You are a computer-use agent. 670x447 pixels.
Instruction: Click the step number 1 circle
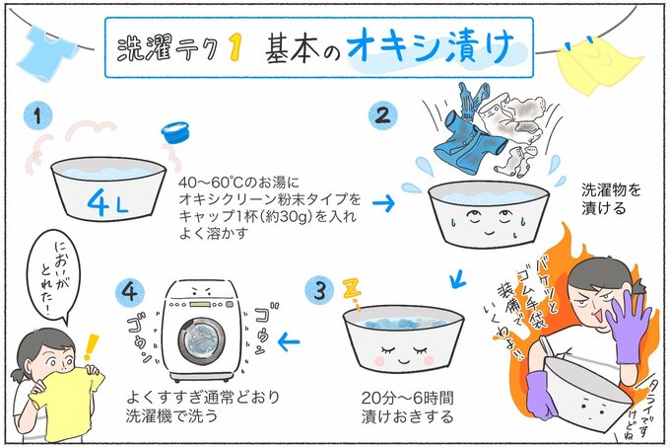tap(37, 117)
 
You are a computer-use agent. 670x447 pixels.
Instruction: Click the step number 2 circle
tap(381, 115)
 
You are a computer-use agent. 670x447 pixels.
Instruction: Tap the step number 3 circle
tap(316, 291)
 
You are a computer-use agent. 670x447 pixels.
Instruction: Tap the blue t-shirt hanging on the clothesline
tap(46, 46)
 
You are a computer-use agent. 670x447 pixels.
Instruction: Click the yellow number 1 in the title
tap(235, 48)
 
